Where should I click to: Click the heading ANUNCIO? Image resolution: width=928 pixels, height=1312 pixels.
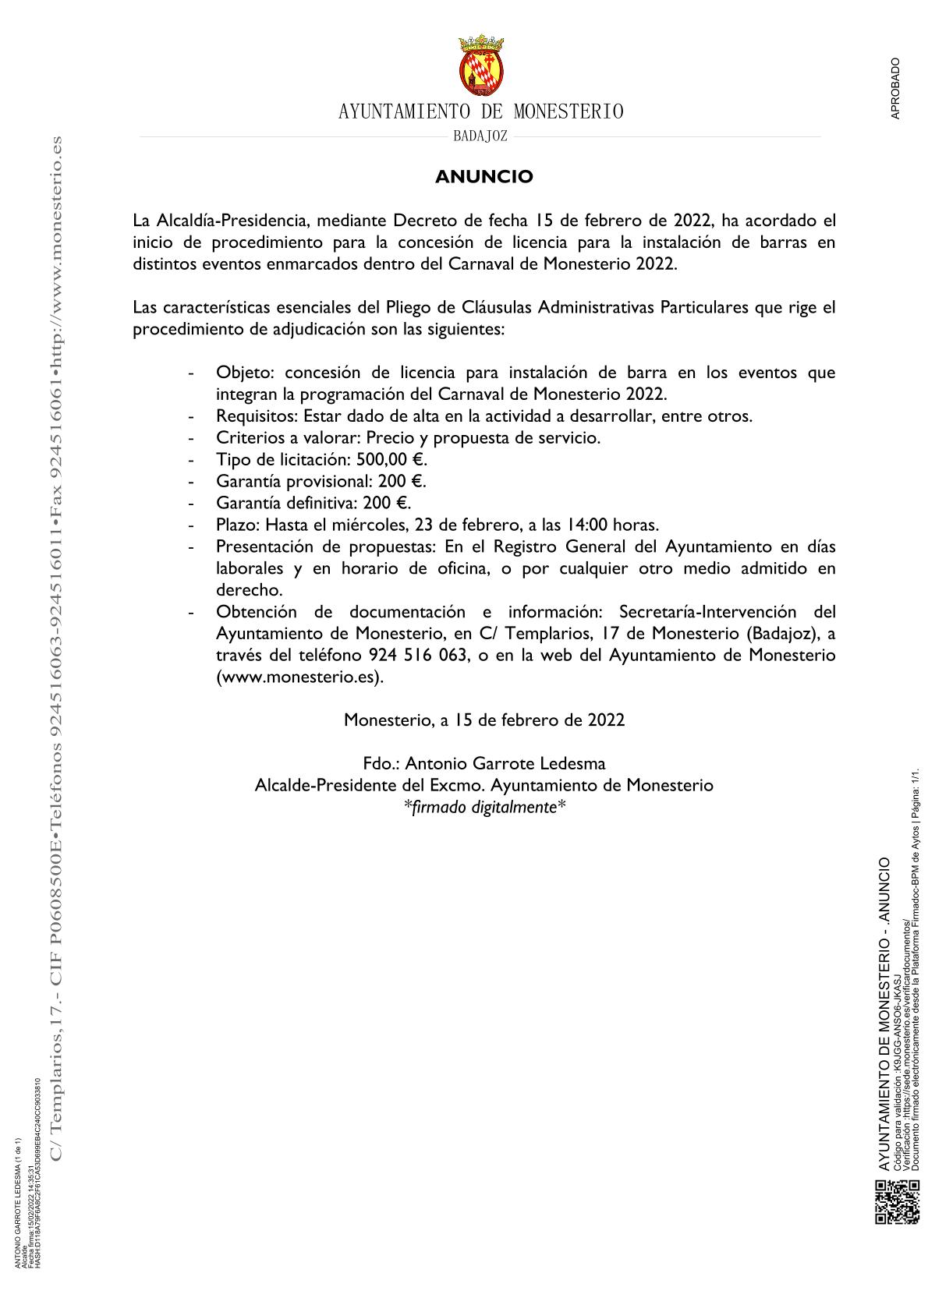[x=483, y=177]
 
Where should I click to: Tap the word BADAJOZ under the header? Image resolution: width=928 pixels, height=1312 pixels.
[x=480, y=136]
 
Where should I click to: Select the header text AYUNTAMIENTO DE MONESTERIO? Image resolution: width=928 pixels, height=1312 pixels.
[x=481, y=112]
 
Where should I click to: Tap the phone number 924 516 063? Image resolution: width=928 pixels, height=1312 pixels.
[x=416, y=656]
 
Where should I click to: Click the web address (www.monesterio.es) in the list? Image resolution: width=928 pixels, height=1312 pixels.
[x=300, y=677]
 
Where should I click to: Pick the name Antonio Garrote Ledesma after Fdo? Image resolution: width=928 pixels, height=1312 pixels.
[x=505, y=763]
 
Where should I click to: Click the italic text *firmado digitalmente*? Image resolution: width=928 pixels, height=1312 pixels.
[x=483, y=807]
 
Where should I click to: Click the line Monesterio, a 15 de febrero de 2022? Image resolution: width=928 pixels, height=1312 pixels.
[x=483, y=720]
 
